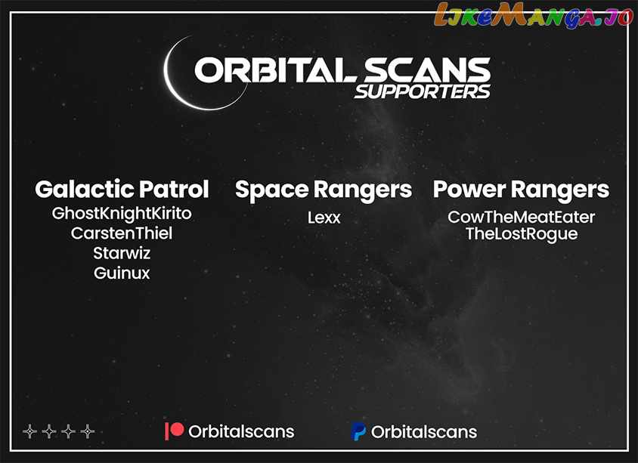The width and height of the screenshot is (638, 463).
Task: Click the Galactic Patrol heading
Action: coord(122,190)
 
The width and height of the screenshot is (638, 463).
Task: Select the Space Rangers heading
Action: coord(324,190)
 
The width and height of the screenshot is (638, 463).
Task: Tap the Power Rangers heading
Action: coord(522,190)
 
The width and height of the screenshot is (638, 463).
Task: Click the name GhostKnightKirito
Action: coord(122,214)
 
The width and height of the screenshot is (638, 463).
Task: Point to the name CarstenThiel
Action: coord(122,233)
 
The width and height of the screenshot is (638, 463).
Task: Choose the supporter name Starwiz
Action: coord(122,253)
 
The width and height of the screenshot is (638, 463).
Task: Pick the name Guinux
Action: coord(122,273)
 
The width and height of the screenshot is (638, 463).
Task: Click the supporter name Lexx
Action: coord(324,218)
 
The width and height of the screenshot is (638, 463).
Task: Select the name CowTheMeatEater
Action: coord(522,217)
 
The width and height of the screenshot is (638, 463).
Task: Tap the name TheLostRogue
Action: coord(522,235)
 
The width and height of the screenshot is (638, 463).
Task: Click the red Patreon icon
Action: coord(174,431)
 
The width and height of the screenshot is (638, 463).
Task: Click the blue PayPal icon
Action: coord(358,431)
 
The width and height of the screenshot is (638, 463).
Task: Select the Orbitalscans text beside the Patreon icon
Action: coord(241,432)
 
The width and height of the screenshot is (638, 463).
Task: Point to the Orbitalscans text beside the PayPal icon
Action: coord(424,432)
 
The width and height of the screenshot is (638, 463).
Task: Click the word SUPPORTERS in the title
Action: coord(423,91)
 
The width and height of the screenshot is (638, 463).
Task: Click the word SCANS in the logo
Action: coord(426,70)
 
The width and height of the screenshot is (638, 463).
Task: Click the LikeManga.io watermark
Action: coord(534,15)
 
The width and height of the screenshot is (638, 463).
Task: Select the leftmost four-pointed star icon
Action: coord(29,431)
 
